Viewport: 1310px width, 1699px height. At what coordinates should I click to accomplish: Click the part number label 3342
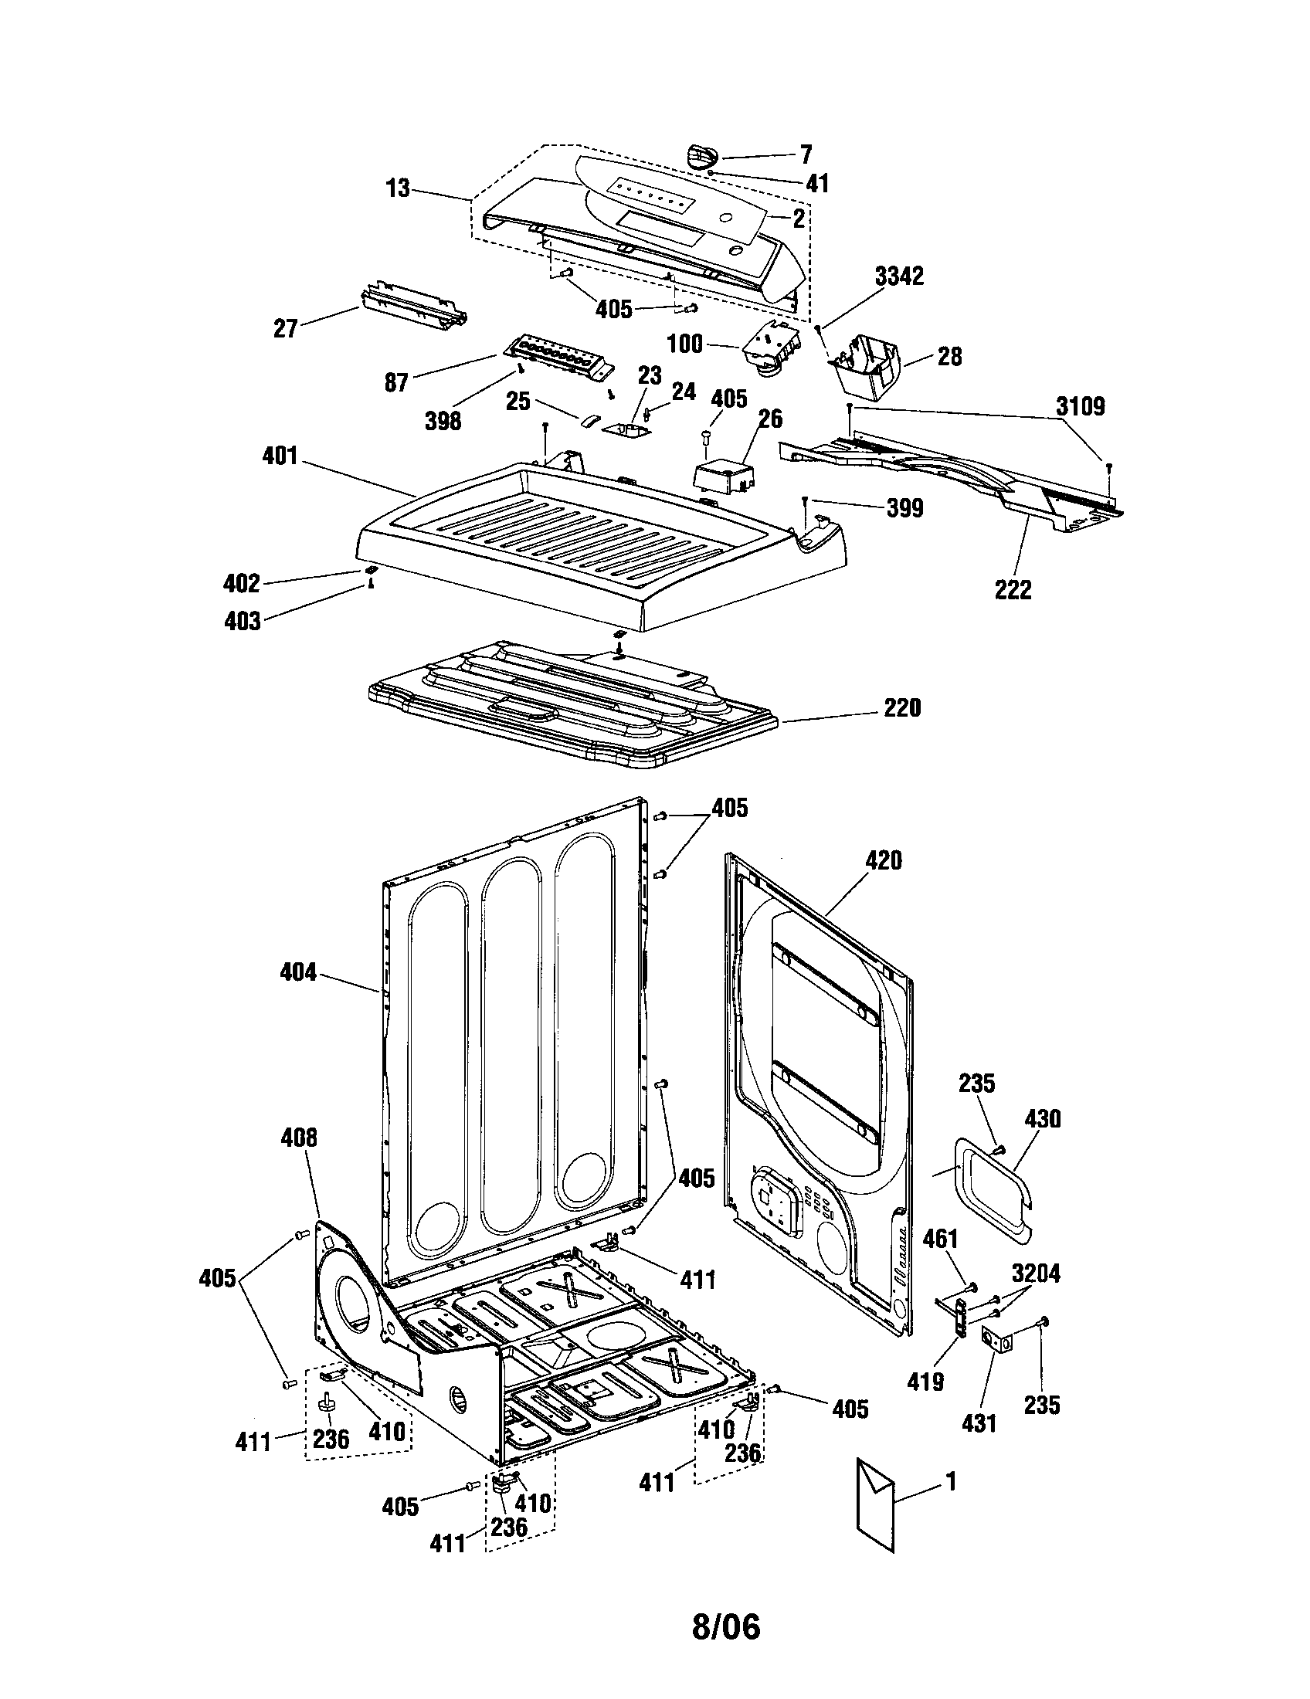tap(898, 276)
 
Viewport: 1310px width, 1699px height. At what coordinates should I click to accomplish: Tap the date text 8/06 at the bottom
tap(725, 1625)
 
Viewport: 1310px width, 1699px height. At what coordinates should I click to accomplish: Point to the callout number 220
tap(901, 708)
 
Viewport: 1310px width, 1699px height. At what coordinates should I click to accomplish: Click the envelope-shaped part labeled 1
tap(875, 1505)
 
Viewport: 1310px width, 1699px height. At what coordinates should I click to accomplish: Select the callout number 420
tap(884, 860)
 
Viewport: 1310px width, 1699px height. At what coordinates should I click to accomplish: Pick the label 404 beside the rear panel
tap(298, 972)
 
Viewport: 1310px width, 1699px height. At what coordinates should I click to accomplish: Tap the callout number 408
tap(299, 1138)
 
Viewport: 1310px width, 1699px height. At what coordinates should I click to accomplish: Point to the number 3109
tap(1081, 406)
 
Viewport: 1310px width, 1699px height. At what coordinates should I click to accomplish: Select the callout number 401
tap(280, 455)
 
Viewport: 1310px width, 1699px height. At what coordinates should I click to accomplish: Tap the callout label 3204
tap(1036, 1273)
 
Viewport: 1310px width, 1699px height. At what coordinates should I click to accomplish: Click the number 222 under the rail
tap(1013, 590)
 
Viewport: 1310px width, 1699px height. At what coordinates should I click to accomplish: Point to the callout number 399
tap(904, 508)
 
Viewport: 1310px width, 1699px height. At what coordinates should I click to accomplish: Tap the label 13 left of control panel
tap(398, 188)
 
